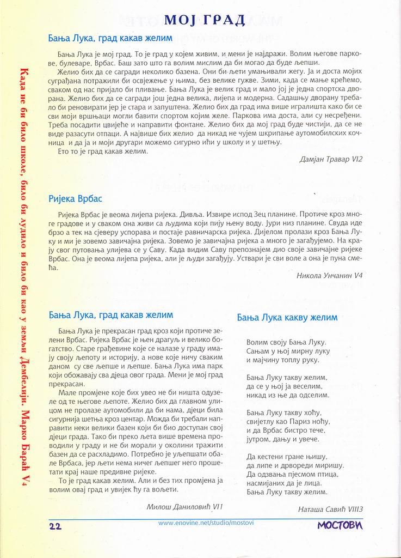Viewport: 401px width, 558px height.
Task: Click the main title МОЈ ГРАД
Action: [x=205, y=21]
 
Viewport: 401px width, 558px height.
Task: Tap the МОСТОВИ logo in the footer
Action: [x=340, y=526]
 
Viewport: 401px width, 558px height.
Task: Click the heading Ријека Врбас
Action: [x=75, y=198]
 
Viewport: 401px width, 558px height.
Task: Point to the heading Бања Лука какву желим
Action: [x=287, y=317]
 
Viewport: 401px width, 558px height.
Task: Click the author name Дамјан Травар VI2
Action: [x=331, y=159]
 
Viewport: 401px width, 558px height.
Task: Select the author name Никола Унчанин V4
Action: [x=330, y=275]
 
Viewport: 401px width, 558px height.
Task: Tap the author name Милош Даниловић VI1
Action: [x=184, y=506]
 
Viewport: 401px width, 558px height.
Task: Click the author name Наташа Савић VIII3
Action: [x=330, y=510]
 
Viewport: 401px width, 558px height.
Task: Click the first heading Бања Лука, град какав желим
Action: [x=110, y=38]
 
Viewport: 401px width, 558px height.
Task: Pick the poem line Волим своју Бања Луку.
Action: [x=286, y=342]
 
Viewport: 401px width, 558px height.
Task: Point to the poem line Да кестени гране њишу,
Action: [x=286, y=457]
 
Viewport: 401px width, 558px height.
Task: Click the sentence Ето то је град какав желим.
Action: [x=102, y=151]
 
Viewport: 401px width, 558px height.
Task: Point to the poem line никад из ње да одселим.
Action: [x=287, y=395]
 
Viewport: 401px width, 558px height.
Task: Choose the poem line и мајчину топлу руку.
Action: [x=283, y=360]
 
